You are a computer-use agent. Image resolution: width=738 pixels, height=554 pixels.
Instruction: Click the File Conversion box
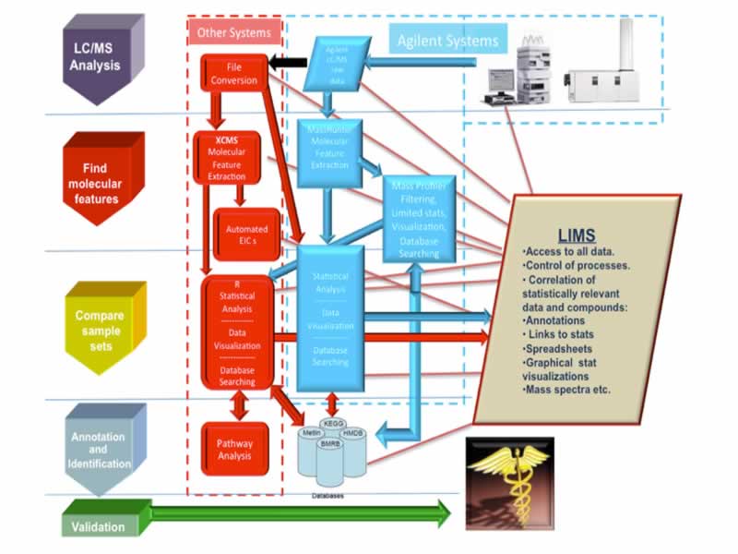coord(234,74)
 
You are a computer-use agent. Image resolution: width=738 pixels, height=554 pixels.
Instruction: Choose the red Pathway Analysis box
coord(234,450)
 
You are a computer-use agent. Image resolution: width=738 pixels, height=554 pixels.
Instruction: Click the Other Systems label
coord(234,33)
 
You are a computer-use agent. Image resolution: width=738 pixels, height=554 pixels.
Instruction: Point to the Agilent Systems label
coord(447,41)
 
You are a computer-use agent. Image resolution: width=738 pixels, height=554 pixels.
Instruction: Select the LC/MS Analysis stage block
coord(96,54)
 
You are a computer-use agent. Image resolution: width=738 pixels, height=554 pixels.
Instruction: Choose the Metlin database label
coord(310,432)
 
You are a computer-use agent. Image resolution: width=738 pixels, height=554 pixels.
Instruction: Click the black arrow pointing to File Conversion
coord(288,62)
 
